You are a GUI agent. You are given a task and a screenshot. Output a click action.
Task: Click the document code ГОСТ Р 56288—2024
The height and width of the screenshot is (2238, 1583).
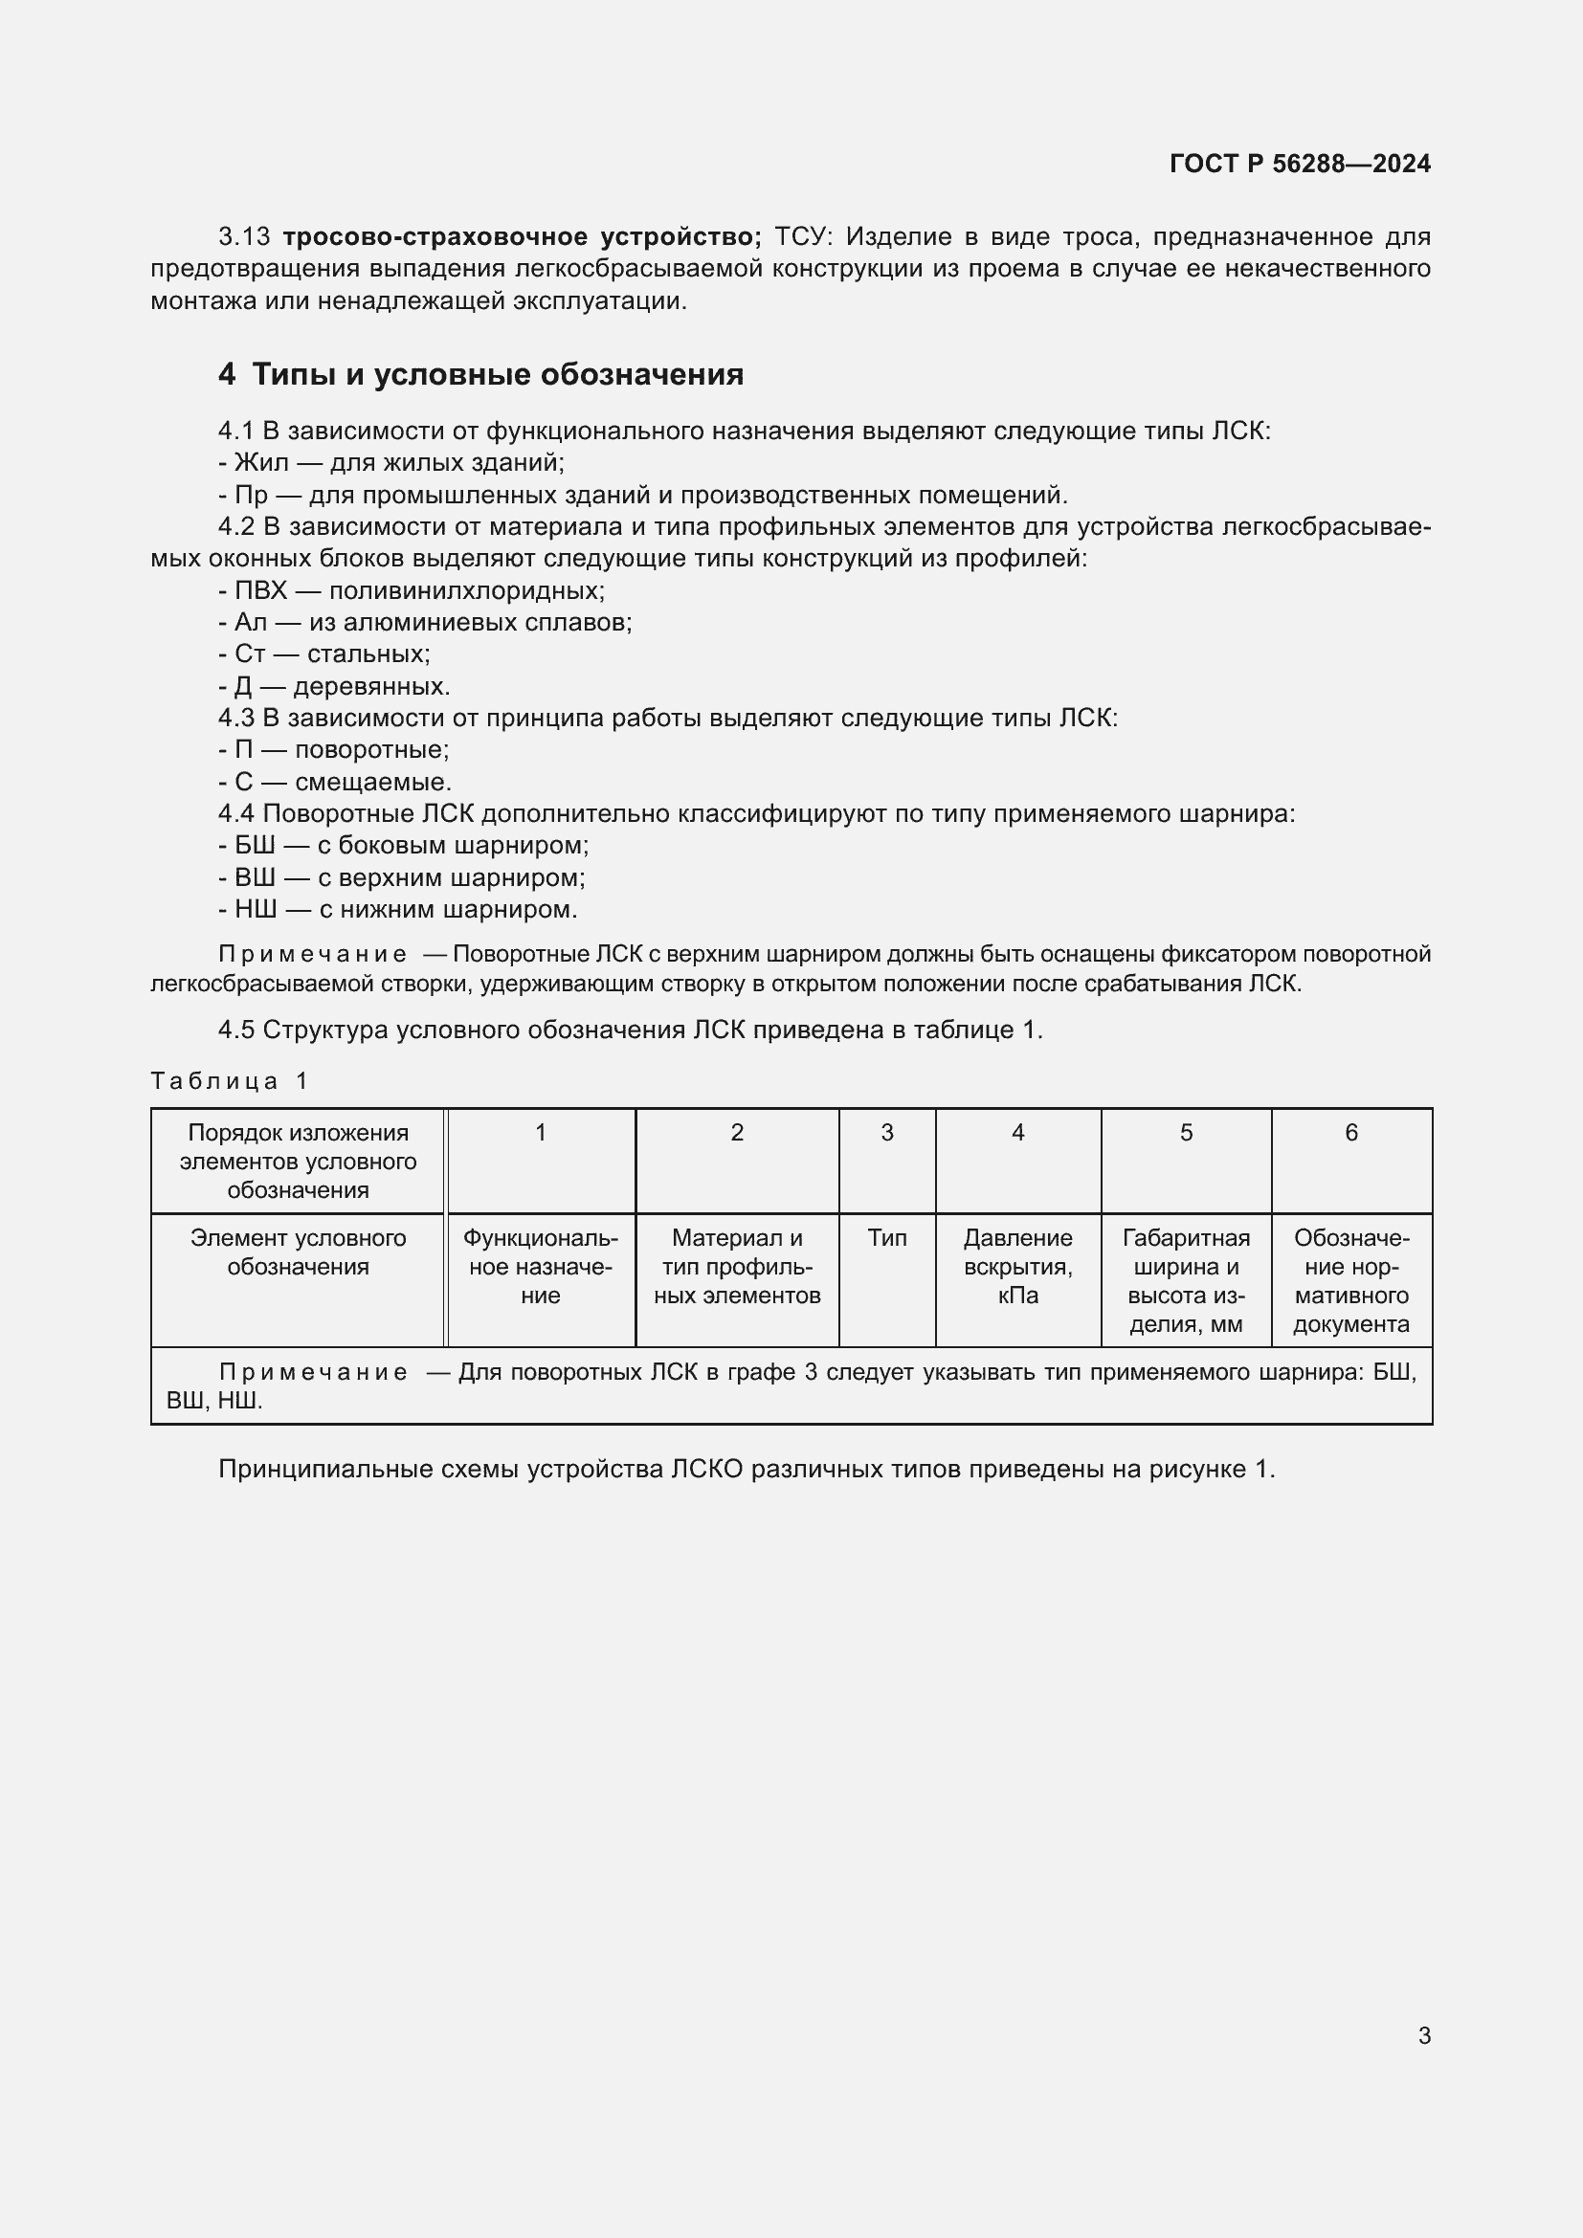click(x=1300, y=164)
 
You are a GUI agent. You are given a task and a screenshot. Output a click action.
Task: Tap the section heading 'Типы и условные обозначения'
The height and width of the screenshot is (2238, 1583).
click(x=497, y=374)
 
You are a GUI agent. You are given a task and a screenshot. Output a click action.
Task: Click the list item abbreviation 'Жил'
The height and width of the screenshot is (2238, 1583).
click(x=261, y=463)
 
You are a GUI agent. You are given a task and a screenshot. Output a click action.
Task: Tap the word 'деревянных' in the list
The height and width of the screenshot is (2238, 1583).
click(x=371, y=686)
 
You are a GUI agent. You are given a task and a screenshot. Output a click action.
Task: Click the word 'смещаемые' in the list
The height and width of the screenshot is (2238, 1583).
click(x=372, y=782)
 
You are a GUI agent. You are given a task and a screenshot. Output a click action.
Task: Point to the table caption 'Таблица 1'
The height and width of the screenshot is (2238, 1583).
click(x=229, y=1081)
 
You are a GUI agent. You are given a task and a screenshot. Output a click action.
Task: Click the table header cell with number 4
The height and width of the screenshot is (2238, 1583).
click(x=1017, y=1133)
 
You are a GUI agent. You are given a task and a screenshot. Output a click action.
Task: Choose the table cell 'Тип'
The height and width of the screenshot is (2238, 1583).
click(x=887, y=1238)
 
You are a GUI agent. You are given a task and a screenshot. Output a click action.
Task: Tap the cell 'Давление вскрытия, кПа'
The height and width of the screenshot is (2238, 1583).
click(x=1017, y=1266)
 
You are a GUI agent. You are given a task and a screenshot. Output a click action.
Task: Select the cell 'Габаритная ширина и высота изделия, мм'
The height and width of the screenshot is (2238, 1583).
click(x=1185, y=1280)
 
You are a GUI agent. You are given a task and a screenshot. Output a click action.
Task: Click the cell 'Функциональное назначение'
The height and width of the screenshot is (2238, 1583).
click(x=540, y=1266)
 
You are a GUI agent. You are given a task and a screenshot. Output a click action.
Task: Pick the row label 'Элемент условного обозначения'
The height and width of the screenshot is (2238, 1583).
click(x=299, y=1252)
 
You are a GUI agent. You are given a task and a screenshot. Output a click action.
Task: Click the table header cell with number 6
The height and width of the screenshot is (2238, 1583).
click(x=1351, y=1133)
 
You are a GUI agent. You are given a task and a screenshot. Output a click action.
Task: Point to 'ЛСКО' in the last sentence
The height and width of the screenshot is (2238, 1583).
click(x=707, y=1469)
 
